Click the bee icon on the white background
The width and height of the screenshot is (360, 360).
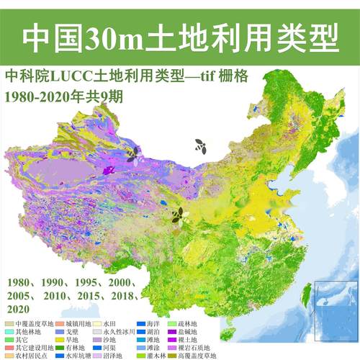pos(199,145)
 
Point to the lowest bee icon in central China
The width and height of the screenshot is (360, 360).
pos(177,214)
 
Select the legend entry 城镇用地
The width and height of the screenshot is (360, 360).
pos(74,325)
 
